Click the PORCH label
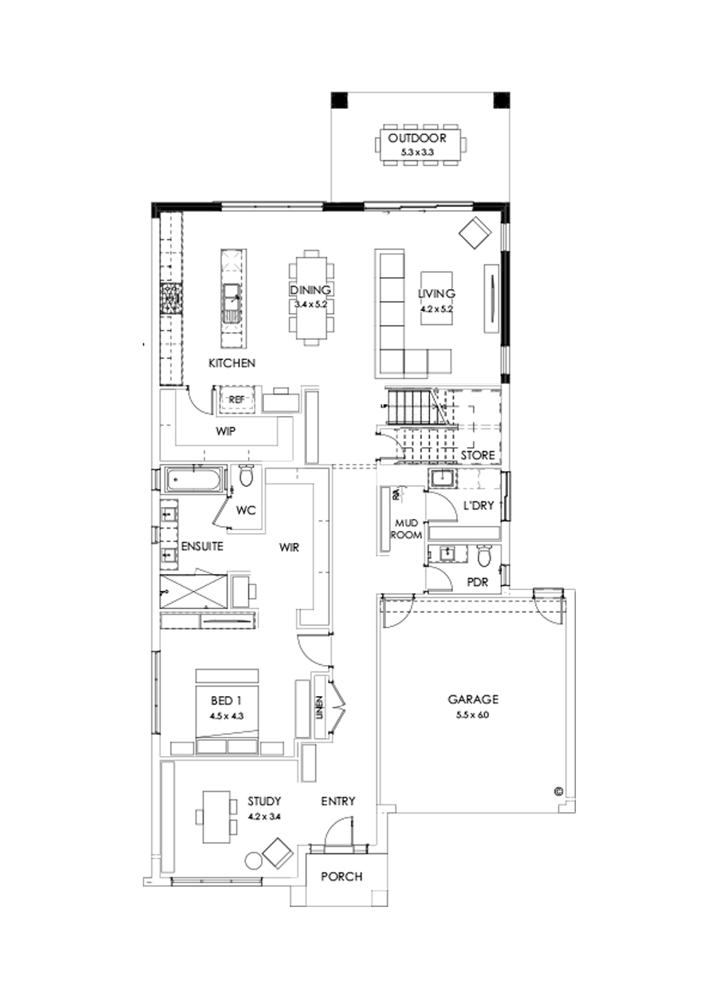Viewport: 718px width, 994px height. coord(341,876)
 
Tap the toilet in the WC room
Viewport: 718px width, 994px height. coord(247,477)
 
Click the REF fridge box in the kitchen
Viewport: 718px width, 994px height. coord(236,399)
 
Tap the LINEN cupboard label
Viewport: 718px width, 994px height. coord(319,707)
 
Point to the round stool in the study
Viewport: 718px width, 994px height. coord(254,861)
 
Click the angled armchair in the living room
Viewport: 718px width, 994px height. coord(475,232)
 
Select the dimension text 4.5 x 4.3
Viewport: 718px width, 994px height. coord(227,716)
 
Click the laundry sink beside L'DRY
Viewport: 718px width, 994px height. coord(441,479)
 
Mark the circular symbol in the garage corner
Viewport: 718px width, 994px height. coord(558,791)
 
